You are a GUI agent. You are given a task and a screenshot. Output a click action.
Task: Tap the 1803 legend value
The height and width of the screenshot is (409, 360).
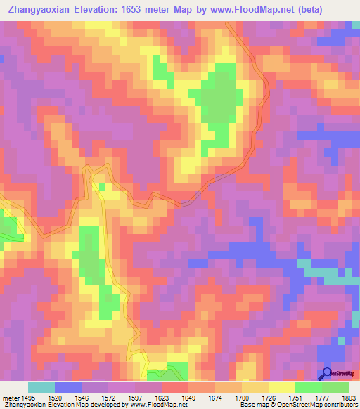click(x=349, y=396)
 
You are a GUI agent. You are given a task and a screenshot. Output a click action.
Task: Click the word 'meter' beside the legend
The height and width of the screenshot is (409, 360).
click(x=10, y=396)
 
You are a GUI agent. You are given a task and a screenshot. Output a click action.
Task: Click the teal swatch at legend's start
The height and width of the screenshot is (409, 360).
click(x=41, y=387)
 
